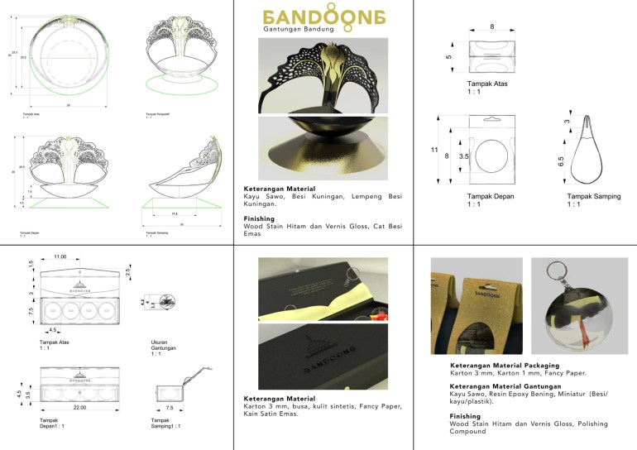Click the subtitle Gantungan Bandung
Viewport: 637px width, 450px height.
point(298,30)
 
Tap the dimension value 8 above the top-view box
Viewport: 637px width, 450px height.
point(493,26)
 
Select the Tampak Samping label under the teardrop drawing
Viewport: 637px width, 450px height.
point(593,196)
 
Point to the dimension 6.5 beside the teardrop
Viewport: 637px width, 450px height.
point(562,156)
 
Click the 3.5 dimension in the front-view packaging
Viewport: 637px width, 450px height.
point(465,155)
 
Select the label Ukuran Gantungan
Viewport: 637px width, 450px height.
point(160,346)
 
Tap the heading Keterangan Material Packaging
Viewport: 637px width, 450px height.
point(504,365)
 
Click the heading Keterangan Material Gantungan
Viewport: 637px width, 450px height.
point(504,387)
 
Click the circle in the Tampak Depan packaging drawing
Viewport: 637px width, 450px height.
point(494,154)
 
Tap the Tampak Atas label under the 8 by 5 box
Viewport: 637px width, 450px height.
point(488,84)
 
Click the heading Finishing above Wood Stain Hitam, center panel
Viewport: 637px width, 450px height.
point(259,219)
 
